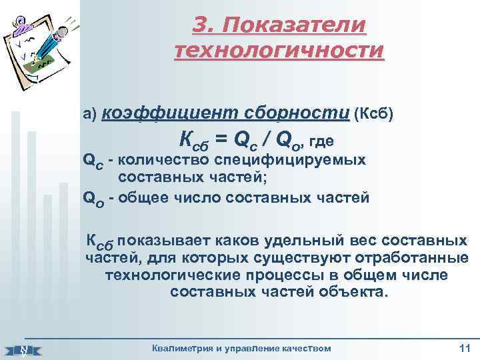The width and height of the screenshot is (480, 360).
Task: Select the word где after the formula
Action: pyautogui.click(x=320, y=141)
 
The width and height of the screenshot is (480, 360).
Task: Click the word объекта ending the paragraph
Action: pyautogui.click(x=352, y=292)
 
